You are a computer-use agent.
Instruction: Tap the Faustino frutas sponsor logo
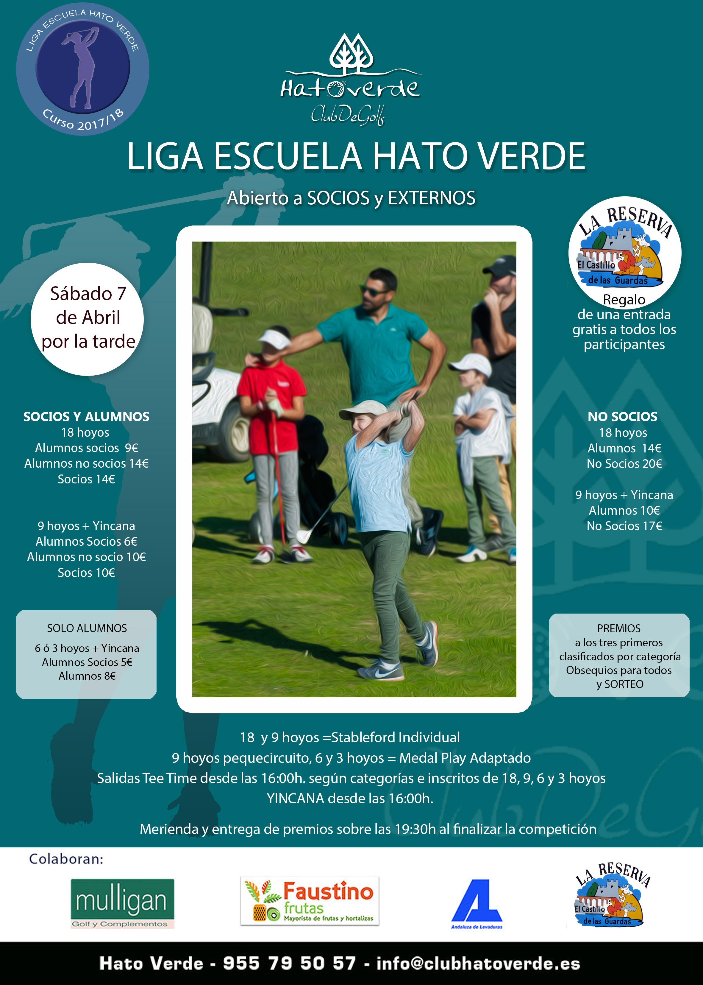(310, 901)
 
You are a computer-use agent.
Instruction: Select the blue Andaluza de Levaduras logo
(477, 903)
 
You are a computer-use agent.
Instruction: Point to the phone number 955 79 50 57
(289, 963)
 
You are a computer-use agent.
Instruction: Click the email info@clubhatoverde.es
(478, 963)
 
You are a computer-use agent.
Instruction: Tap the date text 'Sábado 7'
(88, 294)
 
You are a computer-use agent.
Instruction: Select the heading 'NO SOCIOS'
(622, 417)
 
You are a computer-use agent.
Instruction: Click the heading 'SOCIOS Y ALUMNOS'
(86, 417)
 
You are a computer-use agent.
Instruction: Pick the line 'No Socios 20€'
(624, 463)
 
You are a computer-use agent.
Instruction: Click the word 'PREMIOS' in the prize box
(618, 628)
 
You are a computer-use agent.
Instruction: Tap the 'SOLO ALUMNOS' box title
(87, 628)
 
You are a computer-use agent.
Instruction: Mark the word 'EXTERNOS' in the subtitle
(431, 198)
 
